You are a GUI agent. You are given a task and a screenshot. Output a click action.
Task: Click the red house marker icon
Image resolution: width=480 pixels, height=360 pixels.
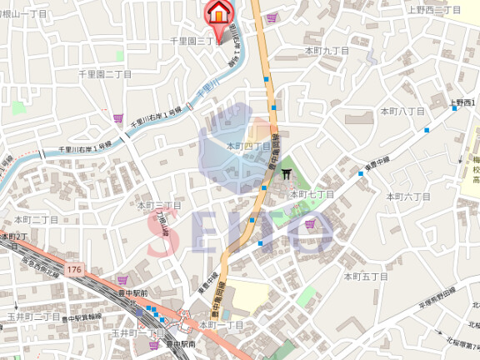pos(218,12)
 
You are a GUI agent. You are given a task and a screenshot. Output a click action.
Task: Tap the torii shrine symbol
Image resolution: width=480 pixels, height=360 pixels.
pos(287,173)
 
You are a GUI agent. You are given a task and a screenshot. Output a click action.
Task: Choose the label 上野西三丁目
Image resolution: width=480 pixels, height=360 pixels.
pos(434,10)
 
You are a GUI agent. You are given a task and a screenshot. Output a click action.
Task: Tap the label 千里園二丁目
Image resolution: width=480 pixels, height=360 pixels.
pos(105,73)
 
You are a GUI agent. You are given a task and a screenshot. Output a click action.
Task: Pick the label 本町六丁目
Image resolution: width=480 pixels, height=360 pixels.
pos(408,197)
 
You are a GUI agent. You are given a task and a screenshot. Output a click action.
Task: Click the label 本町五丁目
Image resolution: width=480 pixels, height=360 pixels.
pos(366,275)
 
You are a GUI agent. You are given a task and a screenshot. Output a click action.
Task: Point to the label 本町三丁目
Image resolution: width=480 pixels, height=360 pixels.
pos(159,204)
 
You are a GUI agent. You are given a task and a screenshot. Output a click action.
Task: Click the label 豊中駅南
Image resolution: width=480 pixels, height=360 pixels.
pos(179,343)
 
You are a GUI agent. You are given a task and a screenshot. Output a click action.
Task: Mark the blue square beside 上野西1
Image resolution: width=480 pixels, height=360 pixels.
pos(427,129)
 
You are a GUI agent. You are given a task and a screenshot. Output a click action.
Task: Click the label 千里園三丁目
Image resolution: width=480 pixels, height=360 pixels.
pos(196,40)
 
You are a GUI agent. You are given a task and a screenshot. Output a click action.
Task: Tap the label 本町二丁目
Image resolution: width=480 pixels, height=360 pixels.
pos(36,219)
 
